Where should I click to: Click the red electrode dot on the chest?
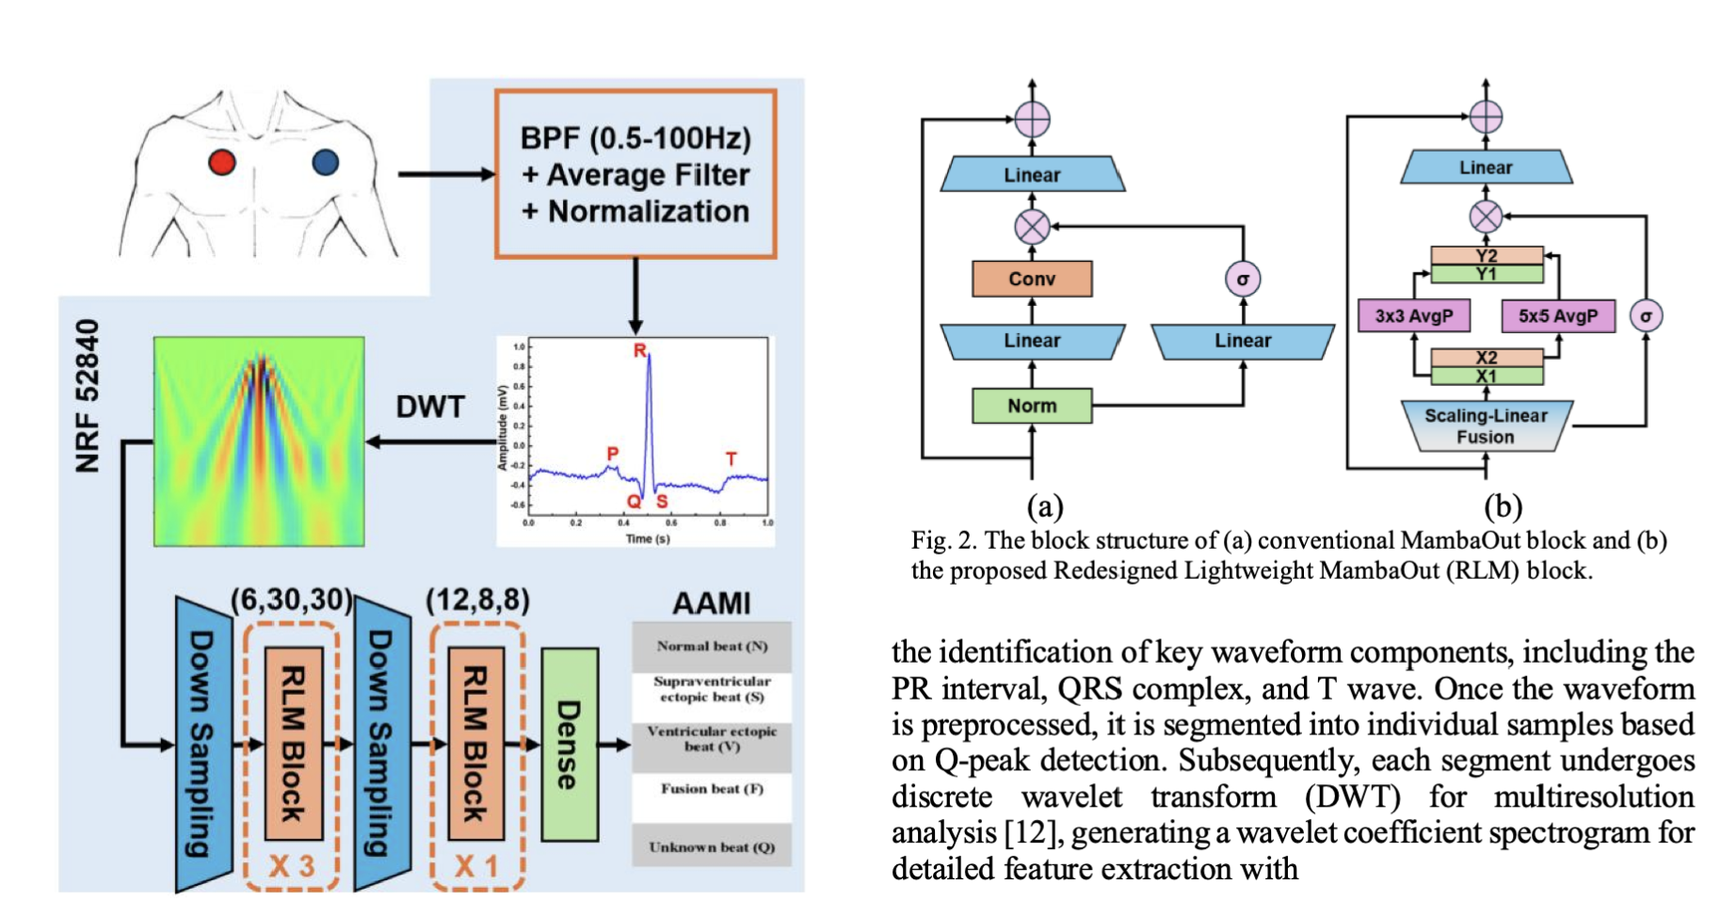(222, 163)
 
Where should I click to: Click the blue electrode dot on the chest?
(326, 163)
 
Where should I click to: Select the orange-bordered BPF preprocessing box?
(635, 174)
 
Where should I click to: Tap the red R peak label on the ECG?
(640, 351)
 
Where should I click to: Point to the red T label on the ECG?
(732, 459)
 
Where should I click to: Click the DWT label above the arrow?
(430, 407)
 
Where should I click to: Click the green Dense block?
(569, 744)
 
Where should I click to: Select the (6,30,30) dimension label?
(292, 600)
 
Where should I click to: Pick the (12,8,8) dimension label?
(477, 600)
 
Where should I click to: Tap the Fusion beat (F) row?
(712, 789)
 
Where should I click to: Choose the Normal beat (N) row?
(712, 646)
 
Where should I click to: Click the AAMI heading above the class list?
(712, 603)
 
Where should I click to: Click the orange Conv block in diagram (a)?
(1032, 279)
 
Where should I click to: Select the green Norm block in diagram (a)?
(1032, 406)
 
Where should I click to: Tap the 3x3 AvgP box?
(1414, 316)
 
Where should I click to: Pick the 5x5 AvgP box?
(1557, 316)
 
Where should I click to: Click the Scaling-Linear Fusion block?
(1486, 426)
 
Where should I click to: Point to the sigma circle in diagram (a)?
(1243, 280)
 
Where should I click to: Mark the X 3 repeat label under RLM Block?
(291, 865)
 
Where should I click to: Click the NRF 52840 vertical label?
(88, 395)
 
